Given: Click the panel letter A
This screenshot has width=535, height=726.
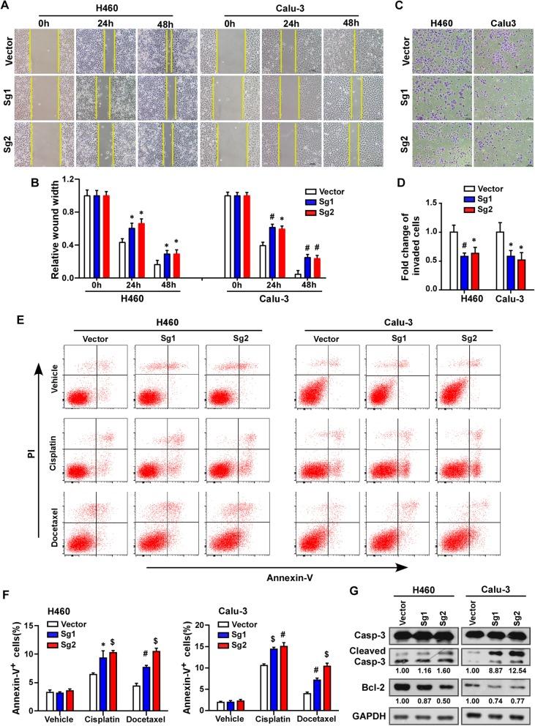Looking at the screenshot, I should coord(7,7).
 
